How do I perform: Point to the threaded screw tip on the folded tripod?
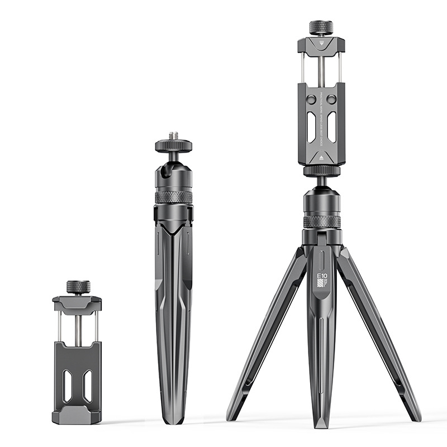(173, 136)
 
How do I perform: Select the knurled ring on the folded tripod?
(173, 197)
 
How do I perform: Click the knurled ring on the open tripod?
(322, 221)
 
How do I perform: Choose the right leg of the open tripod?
(380, 335)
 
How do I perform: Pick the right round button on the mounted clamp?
(331, 99)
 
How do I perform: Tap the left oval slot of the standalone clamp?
(68, 386)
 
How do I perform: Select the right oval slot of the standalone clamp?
(87, 386)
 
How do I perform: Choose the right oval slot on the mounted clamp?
(332, 126)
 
